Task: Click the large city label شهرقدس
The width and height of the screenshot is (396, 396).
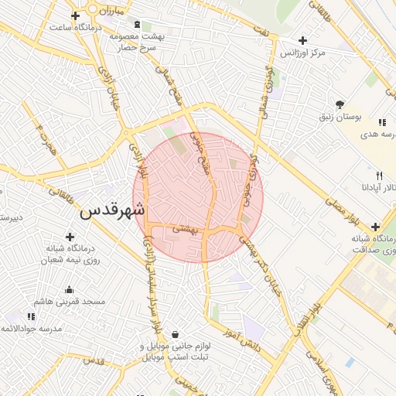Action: pyautogui.click(x=113, y=209)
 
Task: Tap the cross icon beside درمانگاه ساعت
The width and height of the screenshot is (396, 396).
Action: pyautogui.click(x=75, y=15)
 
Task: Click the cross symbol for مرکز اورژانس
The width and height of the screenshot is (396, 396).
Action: pyautogui.click(x=302, y=40)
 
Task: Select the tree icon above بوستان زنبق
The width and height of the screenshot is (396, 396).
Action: pyautogui.click(x=340, y=104)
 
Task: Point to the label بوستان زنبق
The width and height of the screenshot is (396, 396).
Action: pyautogui.click(x=341, y=117)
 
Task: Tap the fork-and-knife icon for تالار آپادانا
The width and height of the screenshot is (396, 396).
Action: pyautogui.click(x=379, y=176)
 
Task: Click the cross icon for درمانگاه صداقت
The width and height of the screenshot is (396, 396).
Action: pyautogui.click(x=375, y=227)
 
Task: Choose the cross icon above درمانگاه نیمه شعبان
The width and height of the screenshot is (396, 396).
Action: pyautogui.click(x=71, y=237)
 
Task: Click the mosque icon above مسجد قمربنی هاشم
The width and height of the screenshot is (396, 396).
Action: pyautogui.click(x=70, y=290)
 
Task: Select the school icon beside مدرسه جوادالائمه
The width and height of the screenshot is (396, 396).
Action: pyautogui.click(x=31, y=316)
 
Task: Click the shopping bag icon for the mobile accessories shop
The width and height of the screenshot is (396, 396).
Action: pyautogui.click(x=177, y=335)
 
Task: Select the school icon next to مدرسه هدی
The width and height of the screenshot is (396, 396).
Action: pyautogui.click(x=381, y=122)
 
